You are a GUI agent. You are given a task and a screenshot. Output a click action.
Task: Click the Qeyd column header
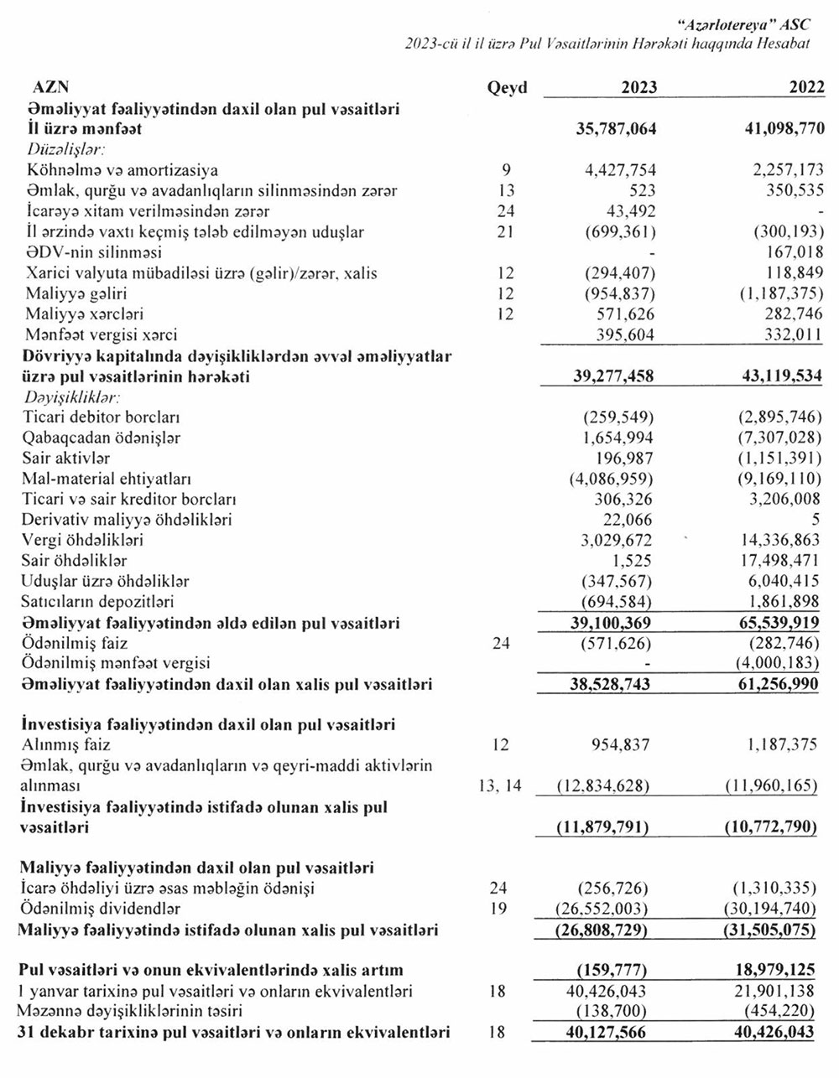coord(507,88)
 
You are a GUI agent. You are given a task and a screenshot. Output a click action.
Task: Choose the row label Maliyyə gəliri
coord(77,293)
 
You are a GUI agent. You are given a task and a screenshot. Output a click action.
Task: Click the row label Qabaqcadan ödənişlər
coord(103,438)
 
